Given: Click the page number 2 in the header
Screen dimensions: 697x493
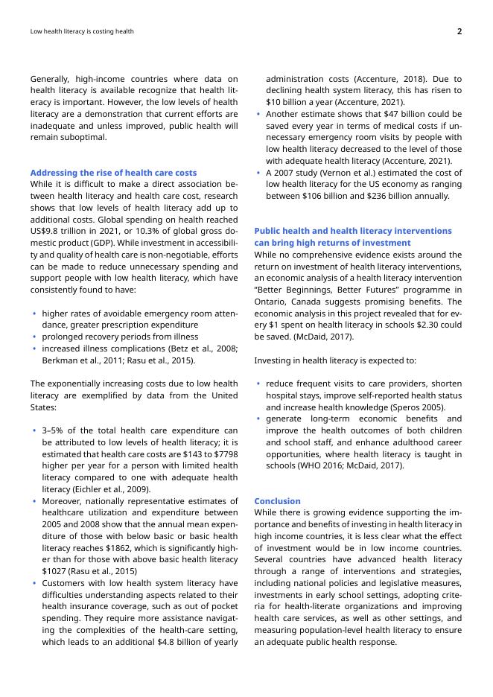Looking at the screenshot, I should [x=459, y=31].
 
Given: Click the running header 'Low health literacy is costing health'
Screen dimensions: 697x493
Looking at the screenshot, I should [x=82, y=32].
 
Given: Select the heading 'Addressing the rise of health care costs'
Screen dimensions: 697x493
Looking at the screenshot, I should [x=114, y=173].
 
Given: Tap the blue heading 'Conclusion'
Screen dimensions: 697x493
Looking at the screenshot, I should [x=277, y=501].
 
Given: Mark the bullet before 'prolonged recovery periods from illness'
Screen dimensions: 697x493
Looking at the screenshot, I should [x=34, y=337].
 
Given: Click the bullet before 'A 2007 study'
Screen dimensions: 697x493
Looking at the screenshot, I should [x=258, y=173].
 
